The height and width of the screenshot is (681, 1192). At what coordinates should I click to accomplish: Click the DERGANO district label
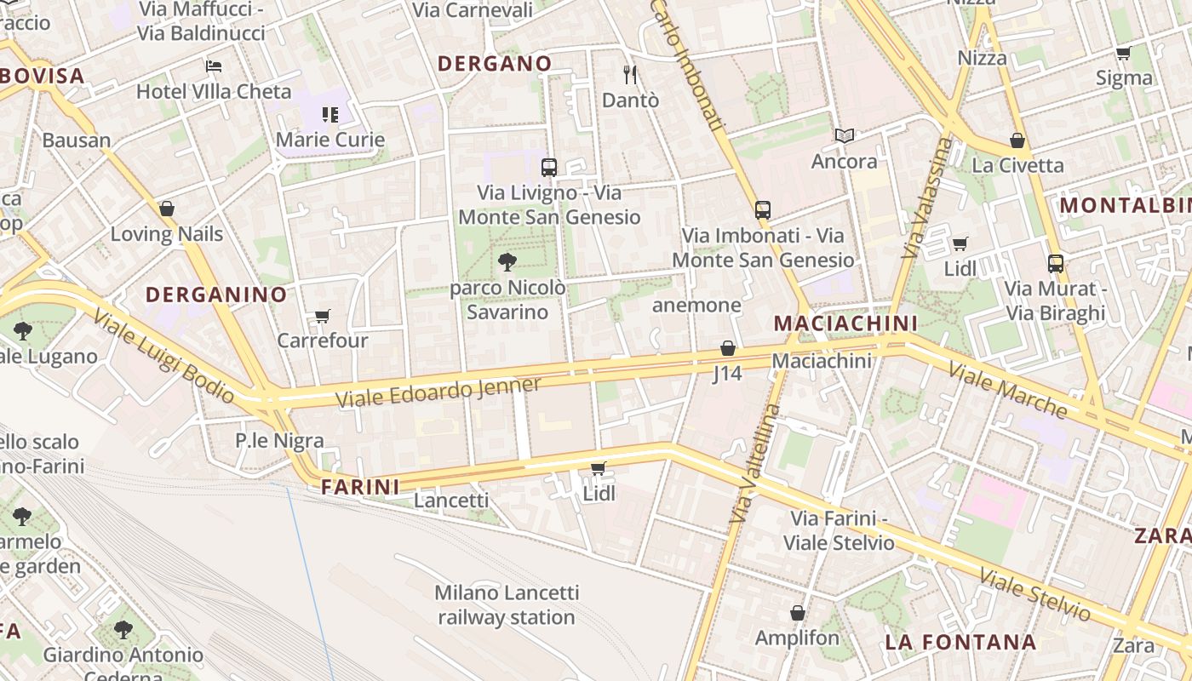coord(495,64)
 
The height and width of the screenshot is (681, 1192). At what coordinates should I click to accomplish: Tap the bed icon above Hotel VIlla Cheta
coord(214,66)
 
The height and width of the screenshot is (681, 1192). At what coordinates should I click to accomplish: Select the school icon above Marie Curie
coord(330,115)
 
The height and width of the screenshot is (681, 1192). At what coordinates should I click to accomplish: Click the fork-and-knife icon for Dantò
coord(630,75)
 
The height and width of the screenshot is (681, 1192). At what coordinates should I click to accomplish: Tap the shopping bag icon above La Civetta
coord(1017,140)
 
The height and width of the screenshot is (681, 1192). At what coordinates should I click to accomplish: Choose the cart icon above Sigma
coord(1123,54)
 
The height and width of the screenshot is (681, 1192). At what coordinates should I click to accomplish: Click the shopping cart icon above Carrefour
coord(323,317)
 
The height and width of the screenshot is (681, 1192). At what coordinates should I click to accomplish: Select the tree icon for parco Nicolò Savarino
coord(507,261)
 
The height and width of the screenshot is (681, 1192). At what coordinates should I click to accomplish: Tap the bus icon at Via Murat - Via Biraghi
coord(1056,264)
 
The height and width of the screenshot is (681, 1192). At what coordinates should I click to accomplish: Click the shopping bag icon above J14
coord(727,348)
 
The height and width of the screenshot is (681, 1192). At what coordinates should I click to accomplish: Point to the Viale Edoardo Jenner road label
coord(438,392)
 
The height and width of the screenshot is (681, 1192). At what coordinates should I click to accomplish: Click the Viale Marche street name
coord(1007,391)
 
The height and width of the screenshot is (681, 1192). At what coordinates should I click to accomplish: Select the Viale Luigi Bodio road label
coord(163,356)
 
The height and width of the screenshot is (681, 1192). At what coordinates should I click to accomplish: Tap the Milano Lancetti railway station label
coord(507,604)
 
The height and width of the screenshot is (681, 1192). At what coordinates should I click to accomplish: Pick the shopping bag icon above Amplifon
coord(798,613)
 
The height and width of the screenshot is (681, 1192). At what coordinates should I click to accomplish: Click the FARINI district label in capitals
coord(360,487)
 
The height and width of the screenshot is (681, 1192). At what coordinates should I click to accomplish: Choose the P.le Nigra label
coord(279,440)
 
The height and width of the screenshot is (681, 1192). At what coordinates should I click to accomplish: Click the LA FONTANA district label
coord(960,642)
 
